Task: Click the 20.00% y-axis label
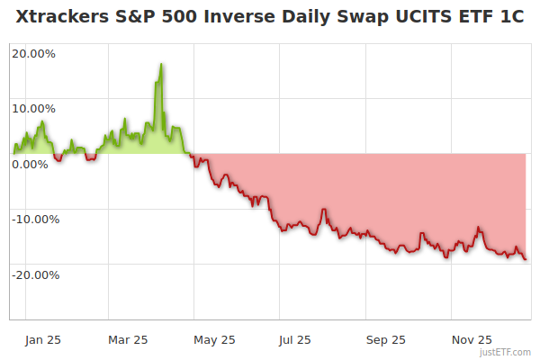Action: (33, 53)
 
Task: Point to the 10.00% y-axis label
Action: (33, 108)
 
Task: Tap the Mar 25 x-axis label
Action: (127, 339)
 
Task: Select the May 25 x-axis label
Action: (214, 339)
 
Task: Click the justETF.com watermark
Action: (511, 352)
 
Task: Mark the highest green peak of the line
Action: (161, 65)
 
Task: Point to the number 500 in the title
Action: (167, 19)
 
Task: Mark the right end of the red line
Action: (526, 259)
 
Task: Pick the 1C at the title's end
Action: (510, 19)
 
